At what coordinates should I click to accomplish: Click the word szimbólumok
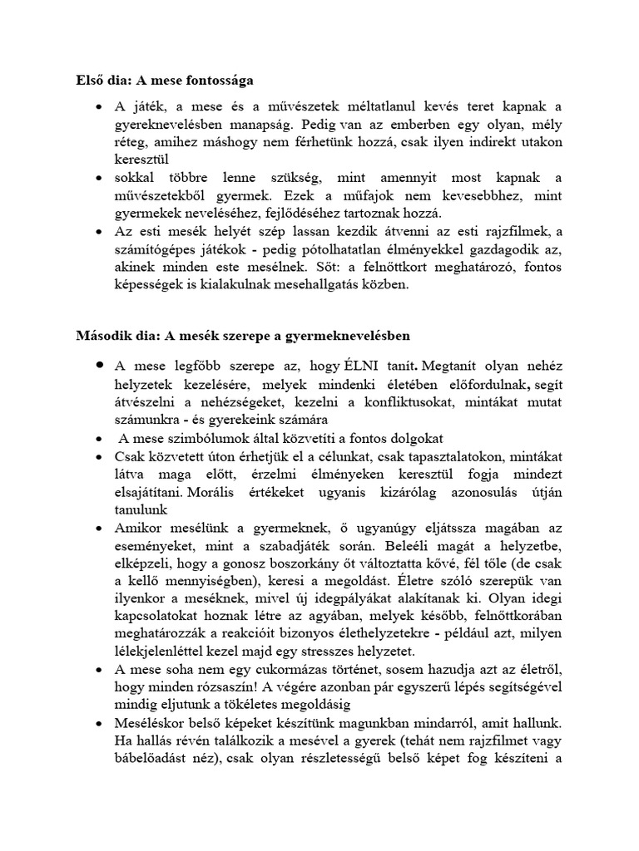coord(206,439)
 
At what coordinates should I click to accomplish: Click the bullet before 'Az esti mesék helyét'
coord(100,231)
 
